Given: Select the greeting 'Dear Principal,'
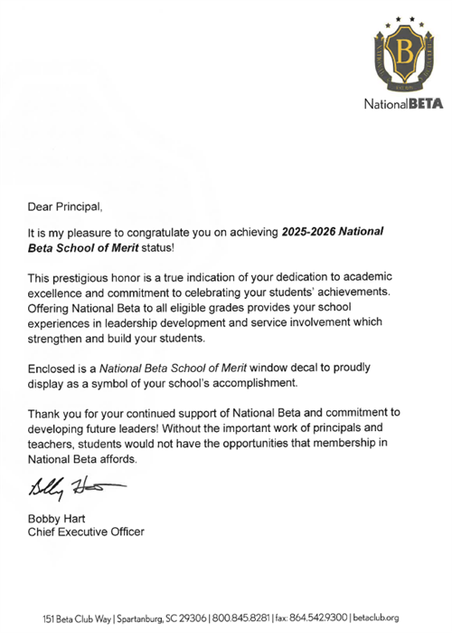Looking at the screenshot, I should pos(71,206).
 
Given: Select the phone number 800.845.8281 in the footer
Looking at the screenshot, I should pos(241,618).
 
